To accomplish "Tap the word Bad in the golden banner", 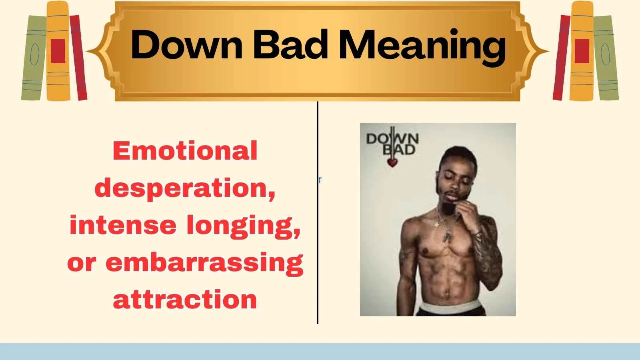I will click(x=291, y=45).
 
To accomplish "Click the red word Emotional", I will click(x=185, y=151).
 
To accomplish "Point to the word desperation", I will click(x=185, y=188).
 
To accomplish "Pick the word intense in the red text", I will click(x=123, y=225).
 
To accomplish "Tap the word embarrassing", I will click(x=204, y=263).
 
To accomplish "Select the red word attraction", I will click(x=185, y=299).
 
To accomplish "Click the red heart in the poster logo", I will click(x=392, y=162).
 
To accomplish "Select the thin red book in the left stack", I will click(x=79, y=58).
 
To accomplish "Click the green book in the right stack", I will click(x=606, y=58).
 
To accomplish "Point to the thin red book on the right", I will click(x=561, y=58).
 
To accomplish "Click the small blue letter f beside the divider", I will click(x=320, y=180).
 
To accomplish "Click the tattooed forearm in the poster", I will click(x=490, y=256).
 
